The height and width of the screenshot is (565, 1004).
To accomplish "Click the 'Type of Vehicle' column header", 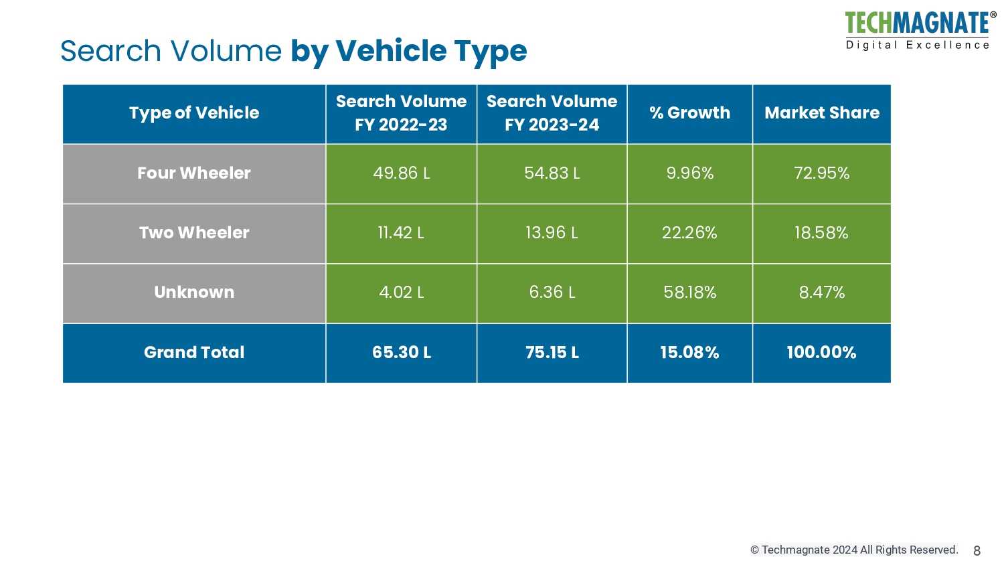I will [194, 113].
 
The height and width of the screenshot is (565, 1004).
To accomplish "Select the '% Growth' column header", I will [689, 113].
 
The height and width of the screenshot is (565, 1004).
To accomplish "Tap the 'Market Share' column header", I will [821, 113].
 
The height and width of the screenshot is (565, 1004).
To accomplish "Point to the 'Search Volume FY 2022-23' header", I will [401, 113].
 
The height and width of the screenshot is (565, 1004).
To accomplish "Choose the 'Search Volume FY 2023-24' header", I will [552, 113].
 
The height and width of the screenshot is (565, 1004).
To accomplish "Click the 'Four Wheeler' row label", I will [194, 173].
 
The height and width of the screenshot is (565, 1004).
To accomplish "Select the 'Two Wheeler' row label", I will [194, 233].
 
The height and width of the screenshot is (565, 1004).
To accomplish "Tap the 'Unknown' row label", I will [194, 293].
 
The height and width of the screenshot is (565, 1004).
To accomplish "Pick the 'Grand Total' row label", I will [194, 353].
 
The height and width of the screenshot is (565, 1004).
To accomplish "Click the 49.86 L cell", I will [401, 173].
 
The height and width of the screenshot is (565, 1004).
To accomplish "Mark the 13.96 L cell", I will [552, 233].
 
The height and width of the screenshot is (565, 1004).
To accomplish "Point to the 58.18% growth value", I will [689, 293].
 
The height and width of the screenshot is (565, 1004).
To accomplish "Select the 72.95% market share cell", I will [821, 173].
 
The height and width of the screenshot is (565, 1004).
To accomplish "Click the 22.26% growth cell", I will [689, 233].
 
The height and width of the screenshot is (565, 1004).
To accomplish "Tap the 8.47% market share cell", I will [821, 293].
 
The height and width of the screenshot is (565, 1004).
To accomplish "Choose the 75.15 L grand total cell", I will [552, 353].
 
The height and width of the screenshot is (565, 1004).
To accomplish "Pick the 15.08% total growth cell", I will [689, 353].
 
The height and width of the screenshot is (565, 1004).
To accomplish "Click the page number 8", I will [977, 551].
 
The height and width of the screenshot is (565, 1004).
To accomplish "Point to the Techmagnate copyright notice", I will [854, 550].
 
